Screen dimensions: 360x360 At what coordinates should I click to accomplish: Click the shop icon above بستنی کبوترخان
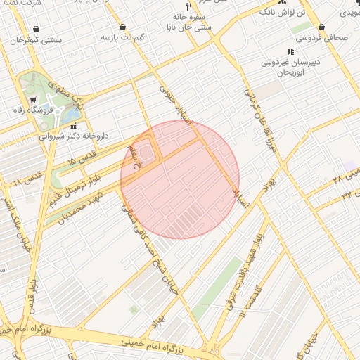pyautogui.click(x=35, y=29)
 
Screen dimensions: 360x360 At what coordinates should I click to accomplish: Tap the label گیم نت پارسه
pyautogui.click(x=117, y=36)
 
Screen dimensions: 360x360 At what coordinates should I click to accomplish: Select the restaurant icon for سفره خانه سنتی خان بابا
pyautogui.click(x=188, y=5)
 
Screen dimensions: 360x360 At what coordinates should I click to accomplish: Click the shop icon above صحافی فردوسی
pyautogui.click(x=321, y=28)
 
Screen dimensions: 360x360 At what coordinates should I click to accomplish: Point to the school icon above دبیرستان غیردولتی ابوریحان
pyautogui.click(x=290, y=51)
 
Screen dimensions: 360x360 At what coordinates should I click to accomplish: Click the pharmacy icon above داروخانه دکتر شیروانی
pyautogui.click(x=73, y=126)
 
